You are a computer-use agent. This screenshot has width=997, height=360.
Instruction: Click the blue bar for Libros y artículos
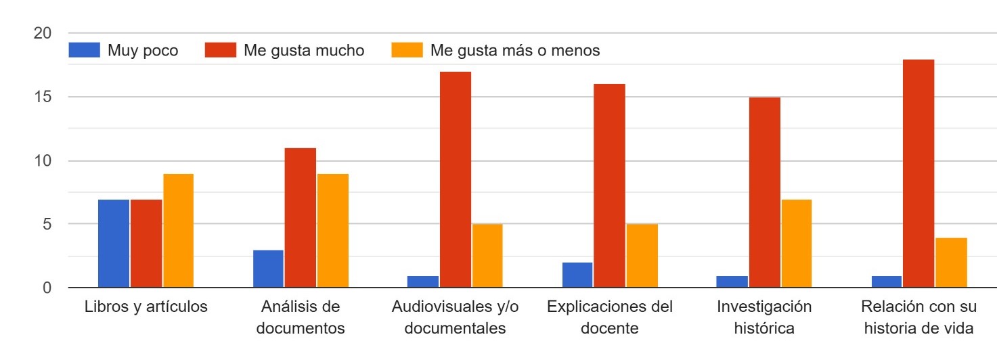tap(114, 244)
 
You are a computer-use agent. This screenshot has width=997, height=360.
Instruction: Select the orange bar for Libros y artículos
tap(178, 231)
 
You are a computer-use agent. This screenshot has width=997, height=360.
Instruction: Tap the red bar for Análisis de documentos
tap(300, 218)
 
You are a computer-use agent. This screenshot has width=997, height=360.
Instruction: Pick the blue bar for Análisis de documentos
tap(268, 269)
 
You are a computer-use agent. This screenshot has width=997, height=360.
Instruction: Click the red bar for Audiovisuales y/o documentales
tap(456, 179)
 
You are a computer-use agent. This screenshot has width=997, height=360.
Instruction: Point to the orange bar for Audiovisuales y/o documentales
tap(487, 256)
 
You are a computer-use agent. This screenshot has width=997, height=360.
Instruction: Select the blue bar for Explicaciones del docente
tap(577, 275)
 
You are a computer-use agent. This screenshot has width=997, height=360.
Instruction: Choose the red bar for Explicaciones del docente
tap(609, 186)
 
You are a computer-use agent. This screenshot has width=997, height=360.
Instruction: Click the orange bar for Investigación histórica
tap(796, 244)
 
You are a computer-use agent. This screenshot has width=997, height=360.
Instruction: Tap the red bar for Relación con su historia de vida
tap(918, 173)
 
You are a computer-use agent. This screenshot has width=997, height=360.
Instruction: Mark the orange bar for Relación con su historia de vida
tap(951, 263)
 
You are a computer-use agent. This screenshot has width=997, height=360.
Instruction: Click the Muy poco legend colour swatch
tap(84, 51)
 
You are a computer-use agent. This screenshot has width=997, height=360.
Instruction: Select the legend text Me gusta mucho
tap(304, 51)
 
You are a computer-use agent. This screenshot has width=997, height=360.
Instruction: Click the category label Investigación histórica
tap(764, 317)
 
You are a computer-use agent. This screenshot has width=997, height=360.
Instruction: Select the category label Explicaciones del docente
tap(610, 317)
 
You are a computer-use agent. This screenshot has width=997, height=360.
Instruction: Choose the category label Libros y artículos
tap(146, 307)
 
